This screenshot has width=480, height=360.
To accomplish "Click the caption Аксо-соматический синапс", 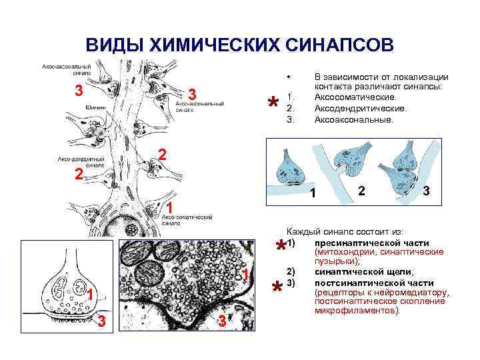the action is click(x=186, y=221).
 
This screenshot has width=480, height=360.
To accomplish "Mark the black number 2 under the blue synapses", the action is click(x=361, y=191).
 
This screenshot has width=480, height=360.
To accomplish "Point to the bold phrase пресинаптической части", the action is click(x=371, y=243).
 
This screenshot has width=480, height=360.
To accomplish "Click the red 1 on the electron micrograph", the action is click(x=246, y=276).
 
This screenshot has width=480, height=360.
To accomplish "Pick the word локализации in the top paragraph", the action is click(x=422, y=77).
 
